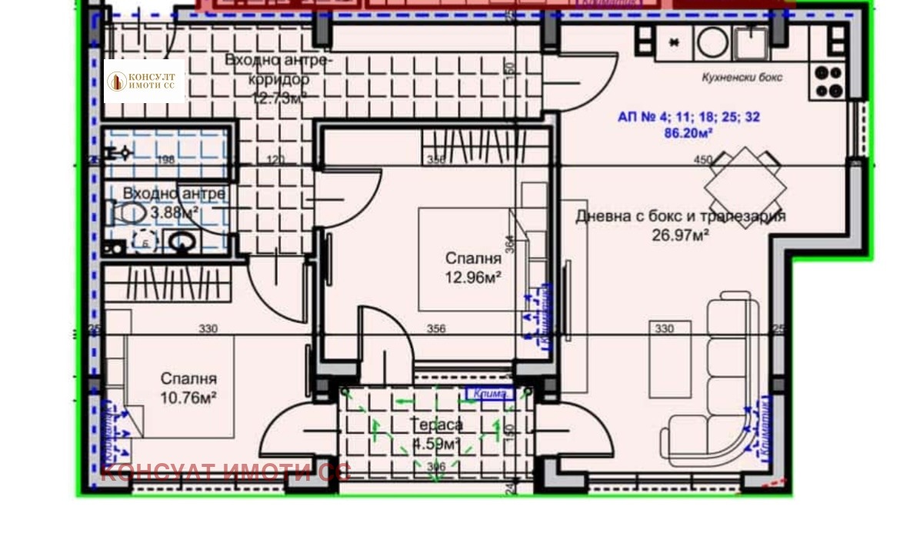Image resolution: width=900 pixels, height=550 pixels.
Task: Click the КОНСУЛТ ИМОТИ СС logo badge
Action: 144,82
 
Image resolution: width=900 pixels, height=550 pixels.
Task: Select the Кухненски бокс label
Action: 742,77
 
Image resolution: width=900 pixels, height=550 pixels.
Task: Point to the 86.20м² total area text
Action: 688,132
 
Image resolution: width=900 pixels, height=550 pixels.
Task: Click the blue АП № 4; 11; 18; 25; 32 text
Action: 688,118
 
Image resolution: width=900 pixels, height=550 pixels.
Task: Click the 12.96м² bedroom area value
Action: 473,277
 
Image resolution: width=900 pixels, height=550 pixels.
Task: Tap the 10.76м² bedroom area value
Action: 188,397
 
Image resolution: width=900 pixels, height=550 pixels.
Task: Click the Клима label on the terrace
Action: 489,395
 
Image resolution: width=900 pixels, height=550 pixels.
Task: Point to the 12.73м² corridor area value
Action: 279,97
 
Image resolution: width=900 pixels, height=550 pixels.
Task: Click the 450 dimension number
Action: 702,160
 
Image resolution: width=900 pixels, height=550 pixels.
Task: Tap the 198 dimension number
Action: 165,160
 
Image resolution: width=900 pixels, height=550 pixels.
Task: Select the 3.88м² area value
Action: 174,212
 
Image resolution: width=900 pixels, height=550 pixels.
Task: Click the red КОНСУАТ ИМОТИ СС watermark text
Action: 225,472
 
